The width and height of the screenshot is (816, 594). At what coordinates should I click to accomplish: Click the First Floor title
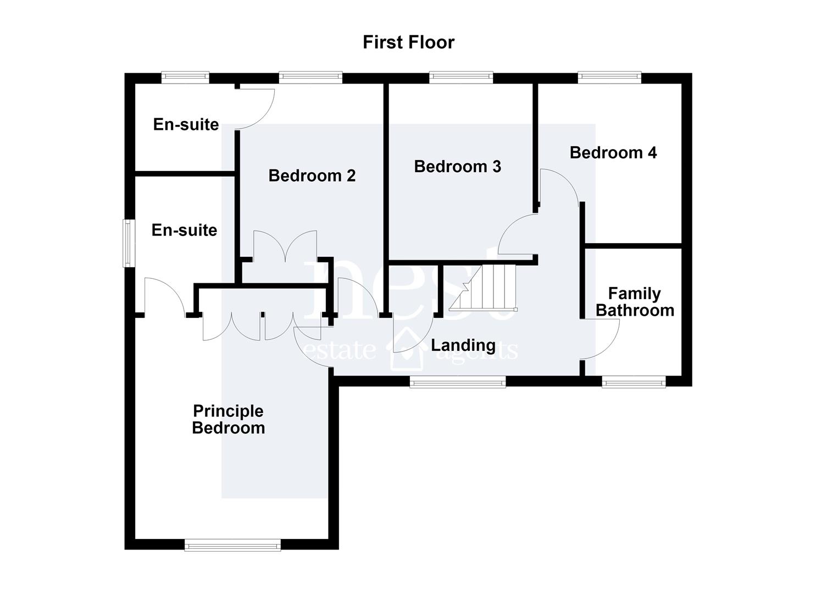pos(408,42)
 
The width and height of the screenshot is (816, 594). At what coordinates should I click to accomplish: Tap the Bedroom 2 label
pos(312,176)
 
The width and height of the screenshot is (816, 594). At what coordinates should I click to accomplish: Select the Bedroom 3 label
pos(458,167)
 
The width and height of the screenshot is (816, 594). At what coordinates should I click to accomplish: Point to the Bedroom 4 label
pos(613,153)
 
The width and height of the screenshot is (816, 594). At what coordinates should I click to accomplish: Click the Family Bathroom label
pos(635,302)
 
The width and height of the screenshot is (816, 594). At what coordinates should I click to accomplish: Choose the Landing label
pos(463,345)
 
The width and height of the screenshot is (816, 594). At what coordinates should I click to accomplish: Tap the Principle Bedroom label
pos(229,419)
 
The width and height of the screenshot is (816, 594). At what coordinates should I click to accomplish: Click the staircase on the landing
pos(483,288)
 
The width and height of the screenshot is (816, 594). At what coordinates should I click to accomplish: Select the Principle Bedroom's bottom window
pos(232,556)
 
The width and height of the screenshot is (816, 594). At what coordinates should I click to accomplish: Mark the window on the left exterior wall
pos(128,243)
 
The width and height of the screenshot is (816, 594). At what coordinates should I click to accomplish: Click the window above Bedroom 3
pos(461,77)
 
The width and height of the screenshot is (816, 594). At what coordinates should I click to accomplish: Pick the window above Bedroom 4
pos(609,77)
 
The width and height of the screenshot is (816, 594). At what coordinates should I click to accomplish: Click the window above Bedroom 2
pos(310,77)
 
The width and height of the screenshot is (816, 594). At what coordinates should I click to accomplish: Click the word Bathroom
pos(635,310)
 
